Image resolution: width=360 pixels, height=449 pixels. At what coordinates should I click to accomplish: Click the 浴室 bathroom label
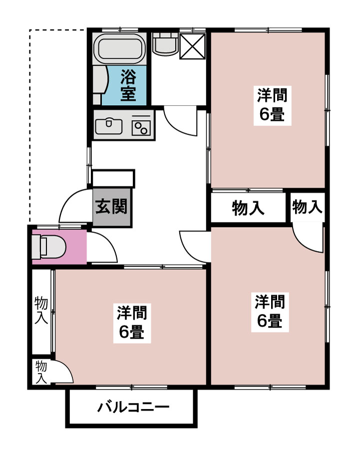tap(129, 85)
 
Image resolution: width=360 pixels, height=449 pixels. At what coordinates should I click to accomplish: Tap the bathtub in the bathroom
tap(121, 49)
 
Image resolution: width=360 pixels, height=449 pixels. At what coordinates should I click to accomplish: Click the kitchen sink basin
tap(108, 125)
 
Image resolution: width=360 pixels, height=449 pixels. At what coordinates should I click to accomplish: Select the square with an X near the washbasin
tap(192, 46)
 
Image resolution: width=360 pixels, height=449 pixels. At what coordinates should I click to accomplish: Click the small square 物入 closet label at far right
tap(308, 207)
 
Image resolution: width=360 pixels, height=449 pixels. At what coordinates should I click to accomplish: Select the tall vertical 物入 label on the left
tap(41, 310)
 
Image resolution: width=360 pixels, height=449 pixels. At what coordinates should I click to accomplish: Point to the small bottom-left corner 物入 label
tap(41, 372)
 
